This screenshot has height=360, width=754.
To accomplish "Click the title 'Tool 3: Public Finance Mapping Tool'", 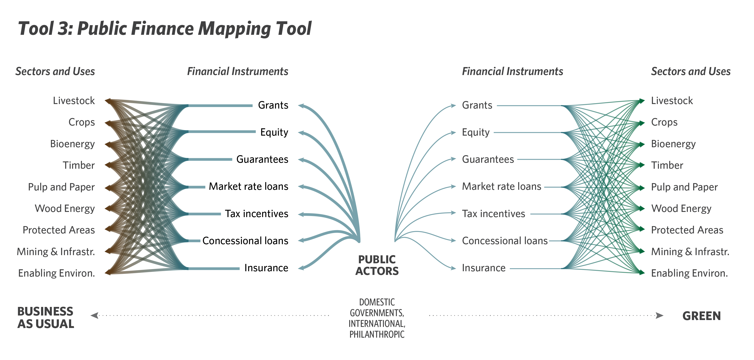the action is (x=165, y=29).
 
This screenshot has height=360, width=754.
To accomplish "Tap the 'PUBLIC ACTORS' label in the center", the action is (x=377, y=265).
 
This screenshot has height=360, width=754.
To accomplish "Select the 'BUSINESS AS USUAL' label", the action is (x=46, y=318).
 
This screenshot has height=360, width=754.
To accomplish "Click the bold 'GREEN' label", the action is (x=702, y=316).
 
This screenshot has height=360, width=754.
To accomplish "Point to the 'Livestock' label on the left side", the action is (x=74, y=101).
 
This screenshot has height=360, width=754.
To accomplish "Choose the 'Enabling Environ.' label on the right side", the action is (x=689, y=273).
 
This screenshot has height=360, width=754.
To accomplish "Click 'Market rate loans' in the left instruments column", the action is (x=248, y=186).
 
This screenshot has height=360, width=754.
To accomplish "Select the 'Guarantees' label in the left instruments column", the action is (x=262, y=159).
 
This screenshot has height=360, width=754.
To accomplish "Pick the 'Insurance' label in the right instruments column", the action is (x=484, y=268).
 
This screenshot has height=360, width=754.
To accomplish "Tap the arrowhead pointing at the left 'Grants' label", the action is (x=301, y=105).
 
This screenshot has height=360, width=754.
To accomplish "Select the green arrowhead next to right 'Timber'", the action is (x=642, y=165).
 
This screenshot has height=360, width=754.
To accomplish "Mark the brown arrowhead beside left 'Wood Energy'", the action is (x=108, y=208).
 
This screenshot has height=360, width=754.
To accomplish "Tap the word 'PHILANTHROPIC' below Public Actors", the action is (x=377, y=335).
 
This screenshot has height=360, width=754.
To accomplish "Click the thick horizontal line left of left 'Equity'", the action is (x=222, y=132).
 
